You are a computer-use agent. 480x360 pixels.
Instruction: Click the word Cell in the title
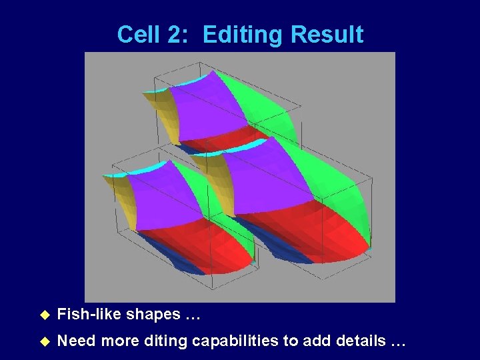137,35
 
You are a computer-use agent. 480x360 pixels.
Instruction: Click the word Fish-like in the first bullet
90,314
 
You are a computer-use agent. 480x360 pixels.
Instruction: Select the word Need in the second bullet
75,341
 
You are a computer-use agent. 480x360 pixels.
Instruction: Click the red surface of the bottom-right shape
313,233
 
